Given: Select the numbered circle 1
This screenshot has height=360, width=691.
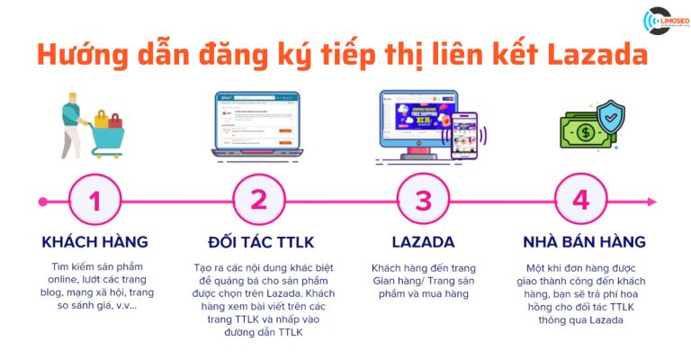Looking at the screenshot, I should click(95, 200).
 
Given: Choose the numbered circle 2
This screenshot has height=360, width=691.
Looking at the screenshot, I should click(259, 200).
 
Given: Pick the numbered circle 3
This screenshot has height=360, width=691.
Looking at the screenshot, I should click(423, 200).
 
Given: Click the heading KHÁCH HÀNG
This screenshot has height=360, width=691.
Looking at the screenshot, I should click(95, 242).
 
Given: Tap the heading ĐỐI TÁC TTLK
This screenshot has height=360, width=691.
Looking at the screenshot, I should click(259, 242).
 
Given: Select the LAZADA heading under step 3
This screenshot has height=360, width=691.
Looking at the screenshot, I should click(423, 242).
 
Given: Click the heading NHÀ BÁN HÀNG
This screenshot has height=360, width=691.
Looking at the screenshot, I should click(585, 242).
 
